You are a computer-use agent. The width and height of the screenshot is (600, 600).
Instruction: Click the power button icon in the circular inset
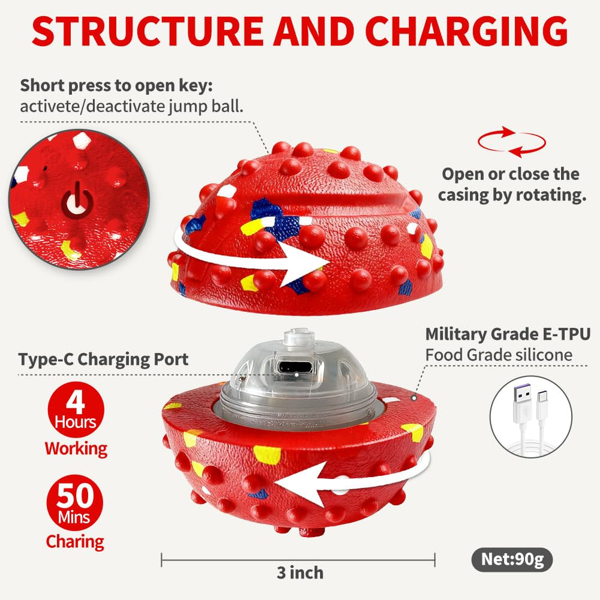[77, 201]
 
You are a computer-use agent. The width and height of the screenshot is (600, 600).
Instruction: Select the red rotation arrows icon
[512, 142]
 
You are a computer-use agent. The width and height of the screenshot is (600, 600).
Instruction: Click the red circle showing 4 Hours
[76, 409]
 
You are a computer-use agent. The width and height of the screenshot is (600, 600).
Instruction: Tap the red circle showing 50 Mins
[75, 502]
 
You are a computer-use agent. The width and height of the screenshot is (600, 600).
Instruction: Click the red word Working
[76, 448]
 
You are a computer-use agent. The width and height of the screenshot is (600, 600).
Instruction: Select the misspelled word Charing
[75, 542]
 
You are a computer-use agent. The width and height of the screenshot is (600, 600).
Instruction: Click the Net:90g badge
[512, 559]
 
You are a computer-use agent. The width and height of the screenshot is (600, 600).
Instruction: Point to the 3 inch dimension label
[300, 573]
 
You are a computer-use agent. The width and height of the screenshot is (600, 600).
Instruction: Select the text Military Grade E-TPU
[508, 334]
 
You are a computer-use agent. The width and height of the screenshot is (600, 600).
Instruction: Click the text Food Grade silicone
[499, 355]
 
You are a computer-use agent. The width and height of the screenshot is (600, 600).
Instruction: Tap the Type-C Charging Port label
[103, 359]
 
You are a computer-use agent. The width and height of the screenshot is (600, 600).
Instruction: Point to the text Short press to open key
[116, 86]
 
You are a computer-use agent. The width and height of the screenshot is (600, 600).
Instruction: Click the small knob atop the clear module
[299, 337]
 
